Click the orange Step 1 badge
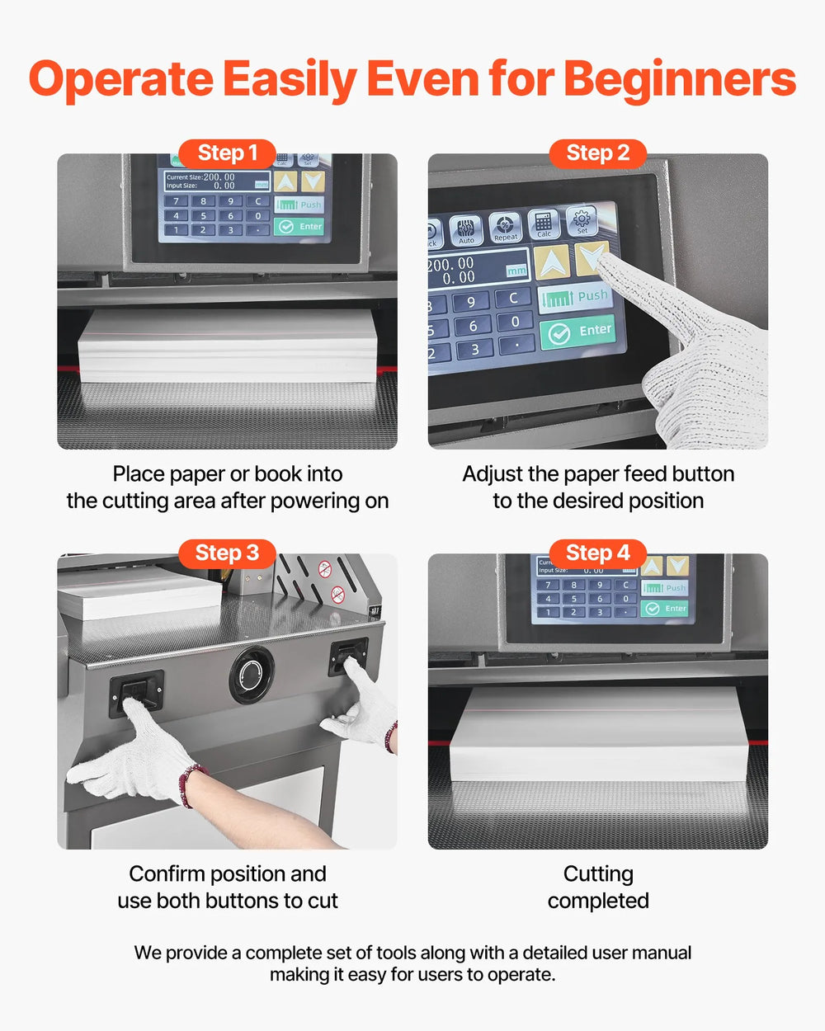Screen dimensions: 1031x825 point(227,153)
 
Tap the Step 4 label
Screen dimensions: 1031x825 point(597,553)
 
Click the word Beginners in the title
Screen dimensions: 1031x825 point(680,79)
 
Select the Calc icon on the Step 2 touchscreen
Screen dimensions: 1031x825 point(543,224)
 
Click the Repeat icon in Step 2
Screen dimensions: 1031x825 point(505,227)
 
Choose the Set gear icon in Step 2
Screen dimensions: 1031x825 point(582,220)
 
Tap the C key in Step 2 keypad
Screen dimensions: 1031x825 point(513,298)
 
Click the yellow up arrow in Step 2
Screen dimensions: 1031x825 point(551,262)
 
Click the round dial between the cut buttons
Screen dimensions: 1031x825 point(252,676)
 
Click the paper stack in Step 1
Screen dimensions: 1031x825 point(227,346)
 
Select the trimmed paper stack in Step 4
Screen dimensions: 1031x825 point(598,734)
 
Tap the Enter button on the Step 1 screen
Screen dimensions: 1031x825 point(299,227)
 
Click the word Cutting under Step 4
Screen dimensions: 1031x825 point(598,874)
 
